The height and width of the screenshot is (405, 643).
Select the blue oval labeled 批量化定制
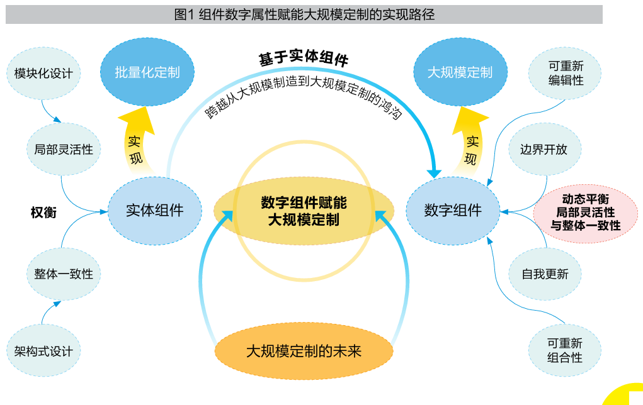pos(147,72)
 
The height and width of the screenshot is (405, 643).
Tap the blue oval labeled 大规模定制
pos(460,72)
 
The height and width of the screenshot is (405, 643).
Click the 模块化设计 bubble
pos(43,74)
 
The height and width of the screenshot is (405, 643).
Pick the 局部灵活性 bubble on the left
pos(64,150)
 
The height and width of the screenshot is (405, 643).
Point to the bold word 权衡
pos(43,213)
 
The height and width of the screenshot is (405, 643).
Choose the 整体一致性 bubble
pos(64,274)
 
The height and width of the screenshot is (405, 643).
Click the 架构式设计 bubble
pos(43,350)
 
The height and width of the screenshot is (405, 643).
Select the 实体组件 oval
pos(155,210)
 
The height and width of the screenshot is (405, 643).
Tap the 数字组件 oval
pos(453,210)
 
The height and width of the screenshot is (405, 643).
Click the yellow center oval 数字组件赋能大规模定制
pos(304,211)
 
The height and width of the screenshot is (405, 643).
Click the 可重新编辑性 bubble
pos(566,73)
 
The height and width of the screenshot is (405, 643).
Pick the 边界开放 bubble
pos(544,150)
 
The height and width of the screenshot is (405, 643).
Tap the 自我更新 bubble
pos(545,274)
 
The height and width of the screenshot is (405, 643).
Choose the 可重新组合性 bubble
pos(565,350)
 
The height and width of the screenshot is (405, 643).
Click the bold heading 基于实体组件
pos(303,58)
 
